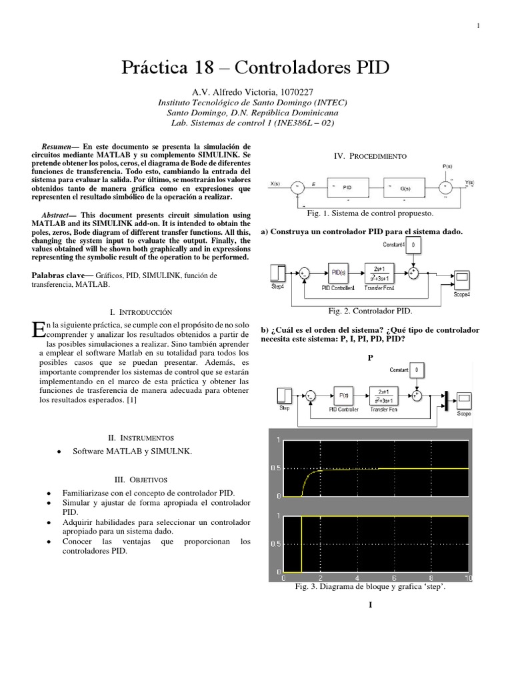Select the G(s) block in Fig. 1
406,188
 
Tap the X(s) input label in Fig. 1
275,183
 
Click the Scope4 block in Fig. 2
463,277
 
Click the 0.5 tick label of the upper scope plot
275,468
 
